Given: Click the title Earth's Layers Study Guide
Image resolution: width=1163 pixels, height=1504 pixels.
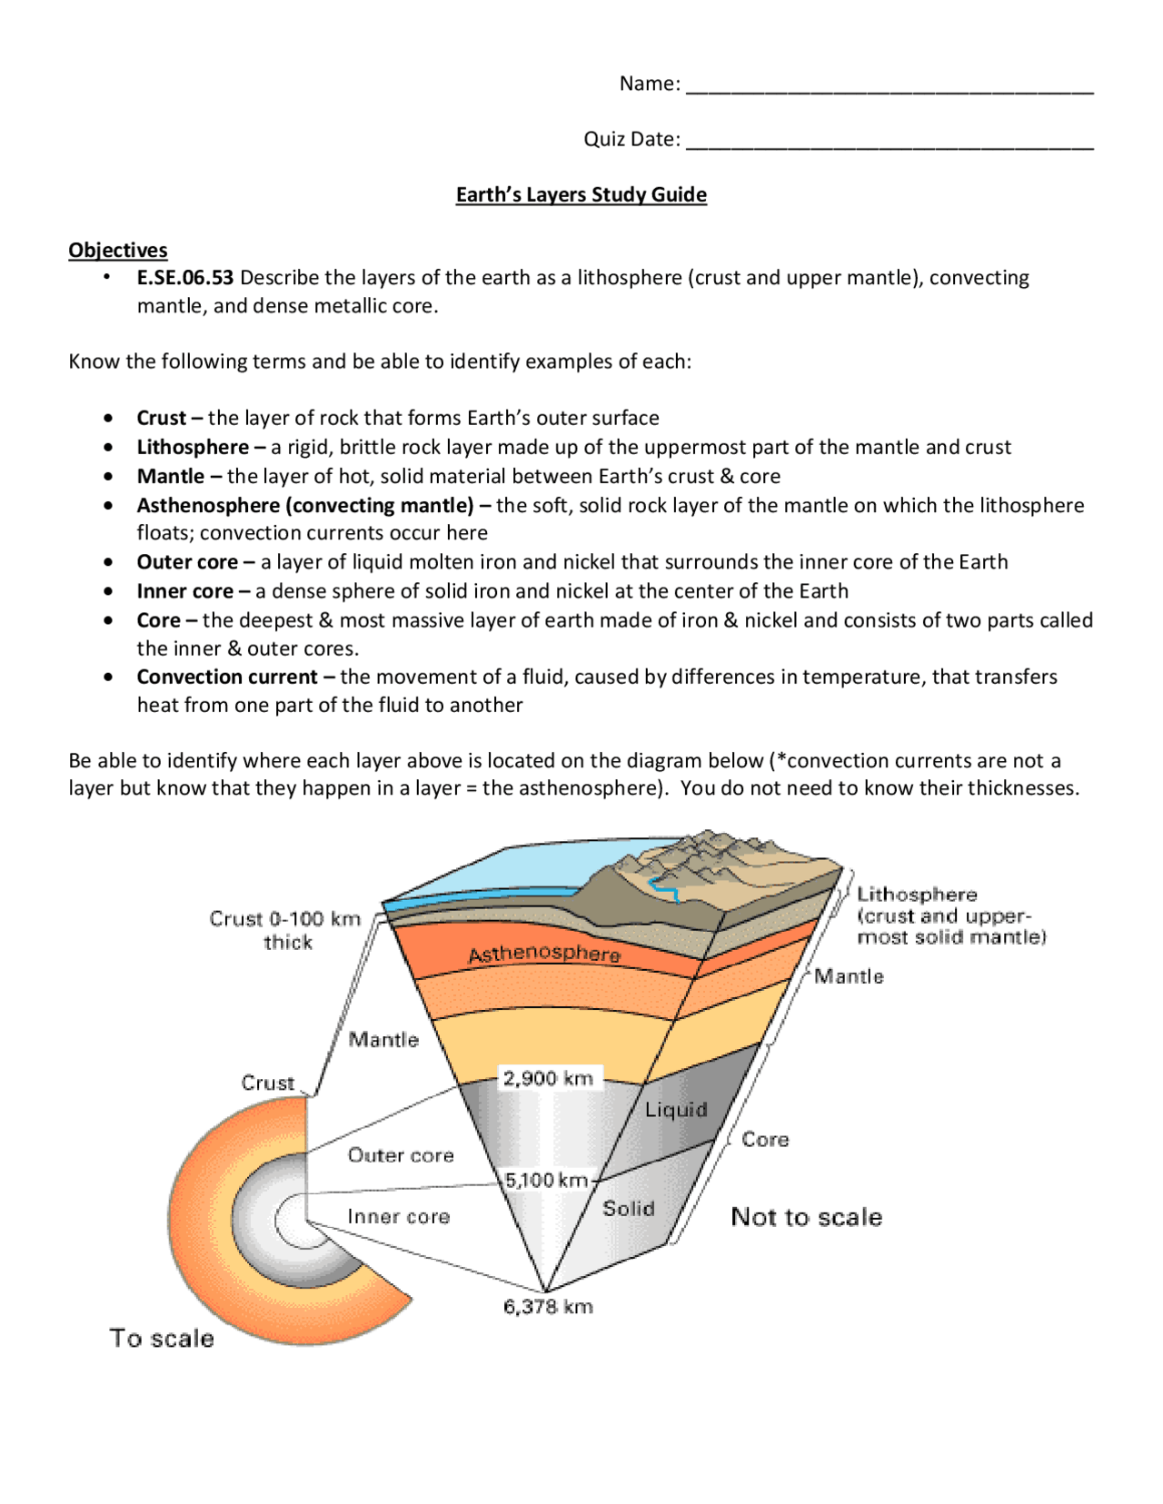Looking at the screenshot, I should [x=581, y=194].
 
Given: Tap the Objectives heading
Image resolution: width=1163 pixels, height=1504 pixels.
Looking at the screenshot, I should [x=118, y=250].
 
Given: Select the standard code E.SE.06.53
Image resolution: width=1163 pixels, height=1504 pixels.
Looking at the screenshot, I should [x=185, y=278].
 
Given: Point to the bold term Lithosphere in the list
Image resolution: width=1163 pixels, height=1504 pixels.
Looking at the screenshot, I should [x=193, y=447].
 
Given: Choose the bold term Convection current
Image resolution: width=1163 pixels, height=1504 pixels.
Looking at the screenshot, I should [x=227, y=677].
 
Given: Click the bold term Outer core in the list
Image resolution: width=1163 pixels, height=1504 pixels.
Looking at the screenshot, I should [x=187, y=562].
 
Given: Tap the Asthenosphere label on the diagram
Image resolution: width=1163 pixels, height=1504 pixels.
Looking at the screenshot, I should [x=543, y=953].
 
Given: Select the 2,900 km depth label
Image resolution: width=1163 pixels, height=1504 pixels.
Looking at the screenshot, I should [x=548, y=1078].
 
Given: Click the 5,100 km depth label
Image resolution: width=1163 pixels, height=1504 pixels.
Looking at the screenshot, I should [x=546, y=1180].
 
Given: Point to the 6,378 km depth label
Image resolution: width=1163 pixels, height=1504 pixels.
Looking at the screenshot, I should [x=548, y=1307].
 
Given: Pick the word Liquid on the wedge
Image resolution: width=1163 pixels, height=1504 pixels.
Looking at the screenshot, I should [x=675, y=1110].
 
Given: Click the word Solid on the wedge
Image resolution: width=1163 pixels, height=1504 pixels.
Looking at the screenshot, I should [x=628, y=1208].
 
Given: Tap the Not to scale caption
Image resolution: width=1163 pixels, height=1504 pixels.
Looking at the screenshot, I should [x=806, y=1217].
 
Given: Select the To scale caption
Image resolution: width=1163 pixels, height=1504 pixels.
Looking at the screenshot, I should [x=162, y=1338].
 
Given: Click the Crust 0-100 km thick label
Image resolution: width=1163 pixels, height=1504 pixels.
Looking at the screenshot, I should [x=285, y=930].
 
